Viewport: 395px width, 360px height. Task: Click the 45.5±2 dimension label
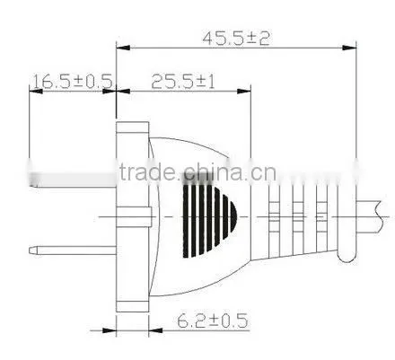coord(236,39)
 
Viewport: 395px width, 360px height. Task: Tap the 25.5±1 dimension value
coord(183,82)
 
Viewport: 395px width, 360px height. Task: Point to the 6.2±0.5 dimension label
coord(213,320)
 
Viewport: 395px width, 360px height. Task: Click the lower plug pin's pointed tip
coord(31,250)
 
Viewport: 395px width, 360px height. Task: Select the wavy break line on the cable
coord(380,216)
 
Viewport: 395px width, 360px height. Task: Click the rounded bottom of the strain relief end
coord(347,258)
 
